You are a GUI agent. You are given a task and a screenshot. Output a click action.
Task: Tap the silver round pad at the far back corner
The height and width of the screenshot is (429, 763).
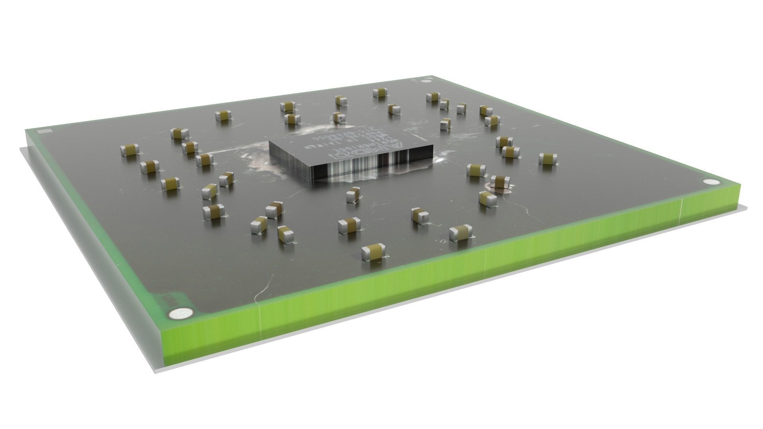426,82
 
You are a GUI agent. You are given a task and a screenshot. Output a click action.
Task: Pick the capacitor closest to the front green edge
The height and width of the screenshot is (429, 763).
373,252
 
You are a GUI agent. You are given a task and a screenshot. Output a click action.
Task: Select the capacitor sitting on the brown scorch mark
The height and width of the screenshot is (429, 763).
500,181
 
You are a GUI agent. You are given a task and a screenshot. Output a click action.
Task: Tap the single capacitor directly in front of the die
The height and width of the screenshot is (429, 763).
352,195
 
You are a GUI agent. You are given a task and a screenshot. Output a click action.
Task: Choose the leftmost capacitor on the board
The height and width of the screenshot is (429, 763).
130,150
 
